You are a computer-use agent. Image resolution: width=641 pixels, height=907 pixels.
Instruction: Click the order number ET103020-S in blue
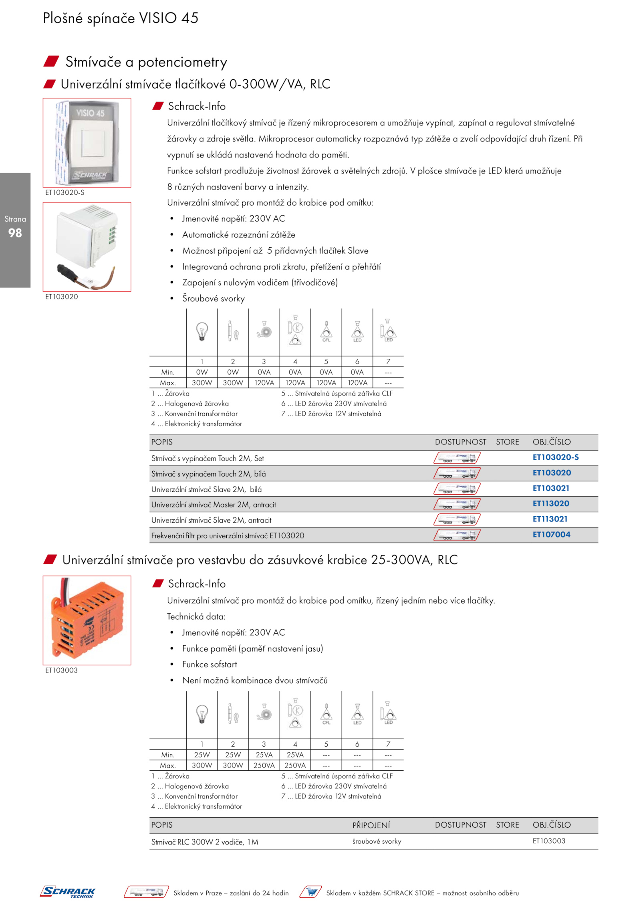555,457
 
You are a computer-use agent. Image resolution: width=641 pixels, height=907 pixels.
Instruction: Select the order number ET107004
551,534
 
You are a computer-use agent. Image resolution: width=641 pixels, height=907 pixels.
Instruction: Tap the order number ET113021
550,519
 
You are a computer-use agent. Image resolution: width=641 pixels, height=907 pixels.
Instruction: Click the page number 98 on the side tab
15,233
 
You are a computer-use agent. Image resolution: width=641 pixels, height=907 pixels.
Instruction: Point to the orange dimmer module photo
87,620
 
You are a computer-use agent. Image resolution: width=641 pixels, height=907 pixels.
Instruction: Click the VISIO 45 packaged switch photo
87,143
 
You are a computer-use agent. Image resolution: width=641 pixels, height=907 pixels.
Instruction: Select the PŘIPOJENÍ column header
371,825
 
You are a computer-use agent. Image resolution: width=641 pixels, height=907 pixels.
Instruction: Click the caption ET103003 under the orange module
61,670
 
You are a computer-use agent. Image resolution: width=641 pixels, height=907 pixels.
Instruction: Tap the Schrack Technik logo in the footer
68,892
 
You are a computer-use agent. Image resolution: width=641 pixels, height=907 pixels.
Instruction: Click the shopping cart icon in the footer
311,892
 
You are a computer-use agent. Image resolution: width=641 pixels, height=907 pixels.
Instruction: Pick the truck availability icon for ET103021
457,489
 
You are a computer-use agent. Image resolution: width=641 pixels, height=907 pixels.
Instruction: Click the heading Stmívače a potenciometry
146,62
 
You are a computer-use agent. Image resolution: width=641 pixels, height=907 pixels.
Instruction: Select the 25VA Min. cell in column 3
264,755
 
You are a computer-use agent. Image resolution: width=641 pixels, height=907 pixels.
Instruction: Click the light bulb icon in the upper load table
202,331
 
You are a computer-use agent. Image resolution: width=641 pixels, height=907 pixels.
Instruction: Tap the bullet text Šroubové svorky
213,299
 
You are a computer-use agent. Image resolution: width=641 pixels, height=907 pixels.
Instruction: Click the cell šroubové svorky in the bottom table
377,841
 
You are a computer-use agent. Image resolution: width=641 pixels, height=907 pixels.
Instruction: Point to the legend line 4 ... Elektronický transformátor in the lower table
197,806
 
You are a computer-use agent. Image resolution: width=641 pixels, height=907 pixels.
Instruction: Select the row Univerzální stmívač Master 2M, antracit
214,505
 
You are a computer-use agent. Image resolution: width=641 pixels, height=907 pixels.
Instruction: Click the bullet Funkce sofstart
210,664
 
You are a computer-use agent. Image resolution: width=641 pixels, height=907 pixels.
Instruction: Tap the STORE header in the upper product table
507,442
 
